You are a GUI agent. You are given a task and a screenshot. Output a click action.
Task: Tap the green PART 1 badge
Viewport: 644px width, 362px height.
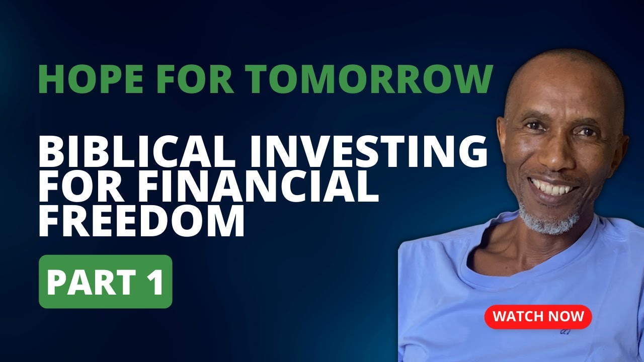click(x=106, y=282)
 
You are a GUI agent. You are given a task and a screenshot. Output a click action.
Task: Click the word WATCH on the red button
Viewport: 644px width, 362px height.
click(x=517, y=317)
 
